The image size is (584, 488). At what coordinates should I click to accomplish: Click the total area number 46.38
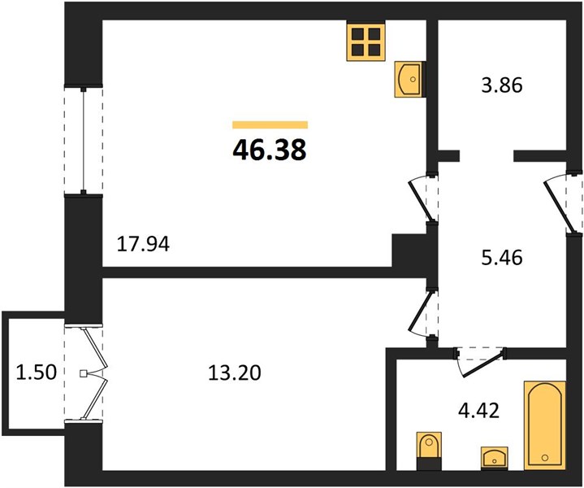[x=270, y=150]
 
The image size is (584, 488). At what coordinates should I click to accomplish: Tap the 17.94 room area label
[x=143, y=245]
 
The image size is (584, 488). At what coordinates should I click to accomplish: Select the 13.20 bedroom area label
[x=235, y=373]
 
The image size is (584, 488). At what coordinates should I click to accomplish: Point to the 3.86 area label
[x=502, y=85]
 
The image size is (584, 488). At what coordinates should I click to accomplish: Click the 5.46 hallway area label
[x=502, y=258]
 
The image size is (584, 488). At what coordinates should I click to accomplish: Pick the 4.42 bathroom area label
[x=478, y=411]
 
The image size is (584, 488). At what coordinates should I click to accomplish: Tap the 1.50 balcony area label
[x=36, y=373]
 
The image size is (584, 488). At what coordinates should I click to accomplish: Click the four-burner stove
[x=366, y=41]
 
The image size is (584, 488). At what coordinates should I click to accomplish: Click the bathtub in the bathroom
[x=545, y=425]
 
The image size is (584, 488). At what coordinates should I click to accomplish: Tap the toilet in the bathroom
[x=429, y=451]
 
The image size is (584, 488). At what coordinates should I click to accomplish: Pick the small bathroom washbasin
[x=494, y=457]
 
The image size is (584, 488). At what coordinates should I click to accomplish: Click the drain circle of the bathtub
[x=545, y=458]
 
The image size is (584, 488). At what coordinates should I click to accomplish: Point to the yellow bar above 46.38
[x=270, y=124]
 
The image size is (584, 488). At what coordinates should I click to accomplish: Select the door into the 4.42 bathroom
[x=481, y=361]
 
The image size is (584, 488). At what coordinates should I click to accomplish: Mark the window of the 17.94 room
[x=84, y=141]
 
